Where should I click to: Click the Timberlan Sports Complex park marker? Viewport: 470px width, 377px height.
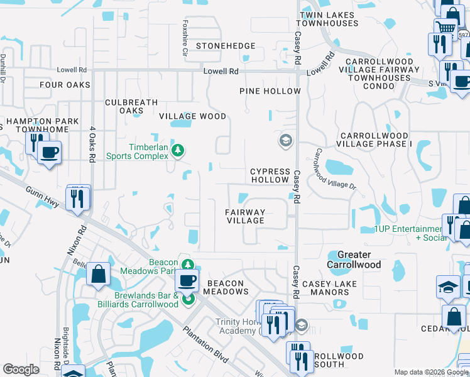pos(178,150)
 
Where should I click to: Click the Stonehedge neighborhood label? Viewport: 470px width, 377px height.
pos(226,46)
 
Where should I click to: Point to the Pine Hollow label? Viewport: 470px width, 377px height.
pos(270,91)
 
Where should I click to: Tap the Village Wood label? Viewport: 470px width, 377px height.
pos(192,116)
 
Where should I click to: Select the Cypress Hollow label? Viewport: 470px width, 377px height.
pos(270,175)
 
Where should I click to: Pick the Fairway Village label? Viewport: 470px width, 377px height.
pos(245,216)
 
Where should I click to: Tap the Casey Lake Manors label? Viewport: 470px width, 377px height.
pos(329,288)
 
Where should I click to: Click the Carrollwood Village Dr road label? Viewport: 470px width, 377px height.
pos(335,170)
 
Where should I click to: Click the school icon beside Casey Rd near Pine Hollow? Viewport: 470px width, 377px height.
pos(285,140)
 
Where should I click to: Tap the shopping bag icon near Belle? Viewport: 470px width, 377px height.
pos(98,275)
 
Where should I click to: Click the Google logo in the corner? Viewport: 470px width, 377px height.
pos(21,369)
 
